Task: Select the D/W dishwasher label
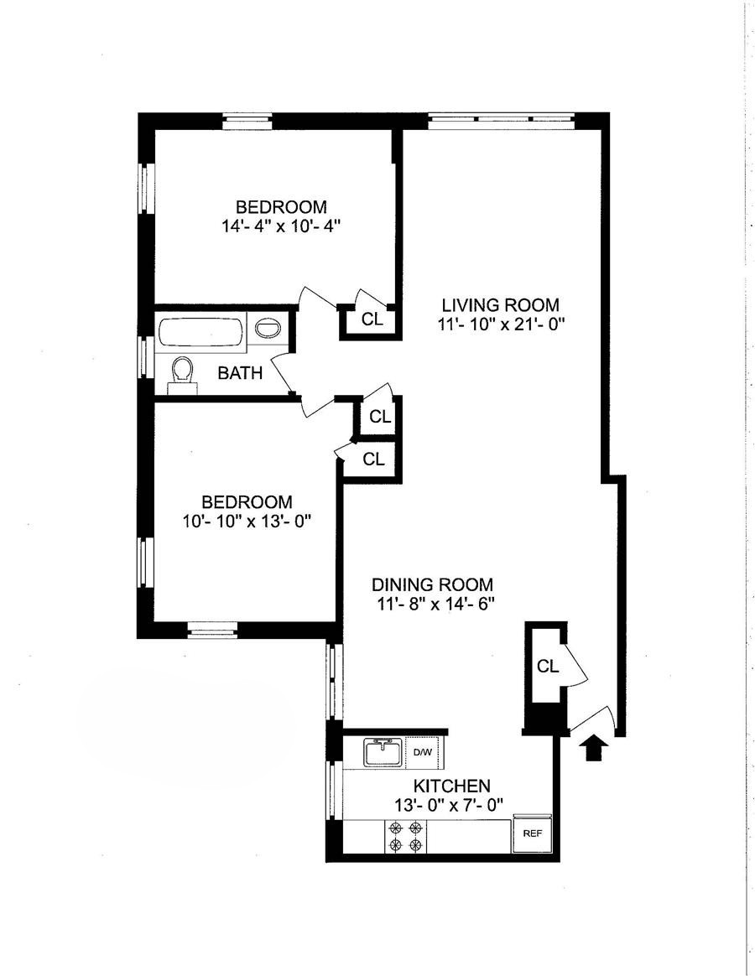coord(422,752)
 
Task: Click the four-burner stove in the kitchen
coord(405,837)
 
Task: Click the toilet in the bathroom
coord(182,375)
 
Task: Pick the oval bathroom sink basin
coord(268,329)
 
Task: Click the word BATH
coord(240,373)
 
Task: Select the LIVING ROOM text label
coord(500,305)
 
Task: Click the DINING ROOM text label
coord(432,584)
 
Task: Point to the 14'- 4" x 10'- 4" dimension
coord(280,226)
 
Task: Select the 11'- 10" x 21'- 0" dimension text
coord(501,324)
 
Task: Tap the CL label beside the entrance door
coord(548,667)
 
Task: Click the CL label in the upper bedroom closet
coord(372,320)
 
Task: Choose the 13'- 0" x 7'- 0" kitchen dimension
coord(449,804)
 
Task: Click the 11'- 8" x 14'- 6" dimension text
coord(435,604)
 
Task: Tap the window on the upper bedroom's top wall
coord(247,122)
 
